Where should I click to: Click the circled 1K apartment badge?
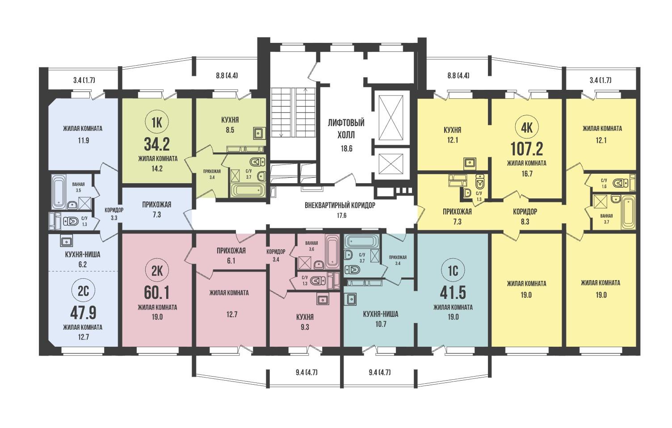[x=156, y=122]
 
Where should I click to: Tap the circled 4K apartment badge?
[x=527, y=128]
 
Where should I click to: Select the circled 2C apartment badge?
[x=84, y=291]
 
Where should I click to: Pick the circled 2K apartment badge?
[x=156, y=272]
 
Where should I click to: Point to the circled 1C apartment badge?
[x=453, y=271]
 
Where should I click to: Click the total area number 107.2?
[x=527, y=149]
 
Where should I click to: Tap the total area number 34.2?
[x=157, y=145]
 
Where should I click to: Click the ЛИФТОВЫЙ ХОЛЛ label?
[x=346, y=129]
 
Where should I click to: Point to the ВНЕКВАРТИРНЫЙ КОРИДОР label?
[x=340, y=206]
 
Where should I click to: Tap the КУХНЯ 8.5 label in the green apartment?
[x=230, y=125]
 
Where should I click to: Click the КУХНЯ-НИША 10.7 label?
[x=381, y=319]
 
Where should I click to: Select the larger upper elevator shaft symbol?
[x=391, y=118]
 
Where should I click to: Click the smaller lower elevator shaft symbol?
[x=391, y=164]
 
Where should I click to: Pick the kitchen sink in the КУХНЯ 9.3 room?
[x=322, y=300]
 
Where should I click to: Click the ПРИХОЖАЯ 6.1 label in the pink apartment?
[x=231, y=256]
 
